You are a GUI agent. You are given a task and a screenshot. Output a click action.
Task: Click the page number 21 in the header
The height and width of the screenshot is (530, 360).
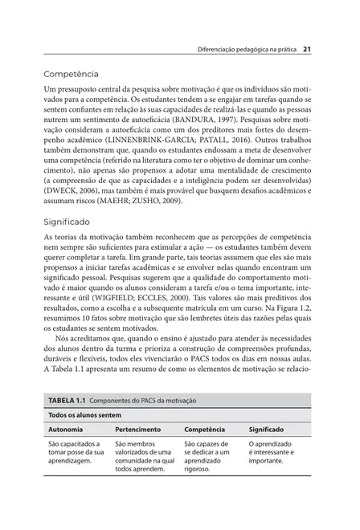(307, 49)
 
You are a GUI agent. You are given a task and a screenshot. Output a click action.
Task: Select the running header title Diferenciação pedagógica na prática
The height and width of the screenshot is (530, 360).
(247, 49)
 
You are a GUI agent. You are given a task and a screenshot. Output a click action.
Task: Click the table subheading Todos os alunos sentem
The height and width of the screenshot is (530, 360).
(84, 415)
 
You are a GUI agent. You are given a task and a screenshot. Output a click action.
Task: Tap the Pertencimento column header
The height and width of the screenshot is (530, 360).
(137, 430)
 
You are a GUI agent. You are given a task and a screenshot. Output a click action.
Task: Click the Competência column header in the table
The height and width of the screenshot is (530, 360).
(205, 430)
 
